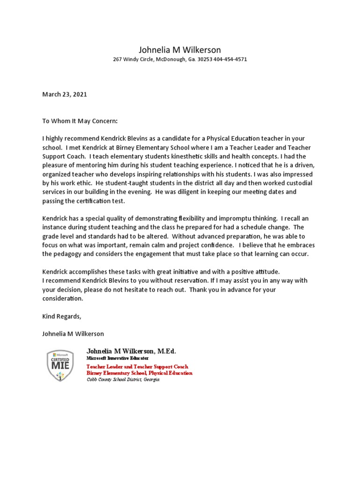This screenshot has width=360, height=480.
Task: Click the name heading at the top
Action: [x=180, y=50]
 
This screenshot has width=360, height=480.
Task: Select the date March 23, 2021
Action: [x=65, y=94]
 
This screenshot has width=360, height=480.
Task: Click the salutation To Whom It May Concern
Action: [x=80, y=121]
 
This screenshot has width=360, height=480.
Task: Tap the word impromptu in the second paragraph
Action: [x=248, y=218]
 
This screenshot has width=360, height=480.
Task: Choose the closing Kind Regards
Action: [x=61, y=316]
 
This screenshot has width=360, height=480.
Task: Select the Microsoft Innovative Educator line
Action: [x=117, y=358]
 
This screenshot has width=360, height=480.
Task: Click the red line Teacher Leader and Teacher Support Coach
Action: [x=137, y=367]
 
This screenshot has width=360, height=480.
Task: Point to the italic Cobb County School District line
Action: [x=123, y=379]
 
